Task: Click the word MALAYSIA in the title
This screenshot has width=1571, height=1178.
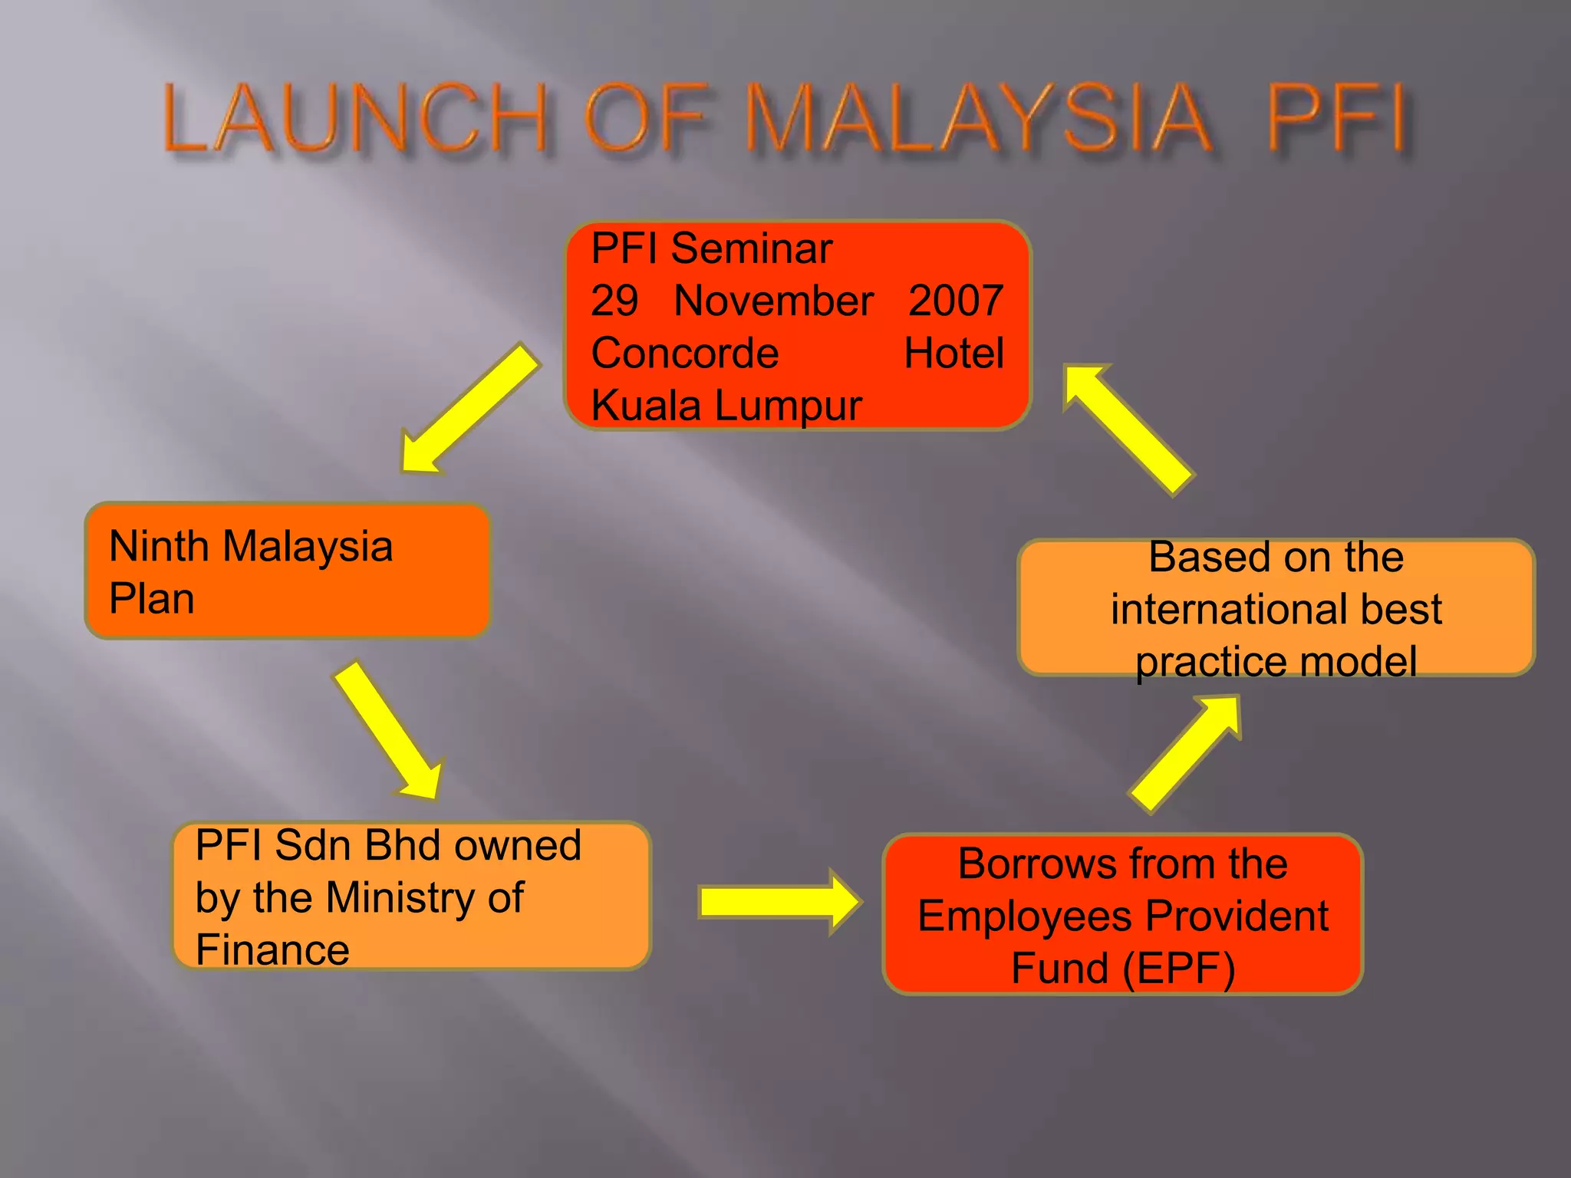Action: coord(977,119)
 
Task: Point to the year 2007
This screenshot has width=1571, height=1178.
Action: coord(956,301)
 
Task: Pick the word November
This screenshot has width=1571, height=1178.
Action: coord(773,301)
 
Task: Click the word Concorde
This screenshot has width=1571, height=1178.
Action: coord(685,353)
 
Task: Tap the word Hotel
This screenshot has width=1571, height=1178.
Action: coord(953,353)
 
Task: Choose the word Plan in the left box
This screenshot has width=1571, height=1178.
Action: coord(152,598)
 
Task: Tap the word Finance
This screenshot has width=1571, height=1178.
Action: coord(272,949)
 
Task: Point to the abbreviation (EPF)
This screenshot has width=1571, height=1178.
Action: coord(1178,968)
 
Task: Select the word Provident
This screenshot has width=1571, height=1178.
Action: coord(1237,916)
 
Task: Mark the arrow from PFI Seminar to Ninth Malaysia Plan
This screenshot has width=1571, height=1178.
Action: coord(469,408)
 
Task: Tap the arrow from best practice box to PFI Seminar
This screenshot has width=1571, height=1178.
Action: coord(1128,429)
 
